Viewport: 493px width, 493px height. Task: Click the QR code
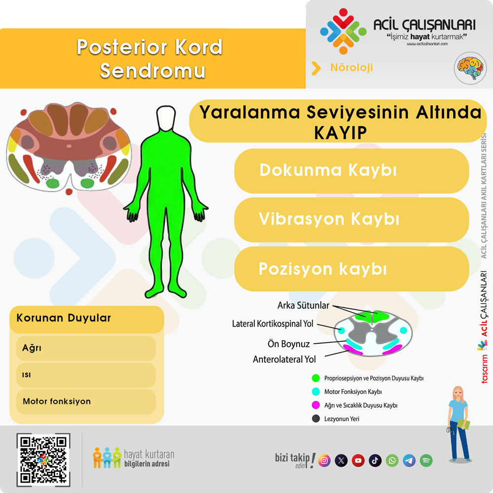coord(43,459)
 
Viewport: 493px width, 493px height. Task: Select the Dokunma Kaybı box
coord(351,171)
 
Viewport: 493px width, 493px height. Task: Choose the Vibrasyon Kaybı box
coord(351,219)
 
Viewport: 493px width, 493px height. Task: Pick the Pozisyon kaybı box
coord(351,269)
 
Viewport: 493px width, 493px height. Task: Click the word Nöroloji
coord(351,68)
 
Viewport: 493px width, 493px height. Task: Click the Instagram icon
coord(324,460)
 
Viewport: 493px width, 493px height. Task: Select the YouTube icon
coord(358,460)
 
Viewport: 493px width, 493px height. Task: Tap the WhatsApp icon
coord(392,460)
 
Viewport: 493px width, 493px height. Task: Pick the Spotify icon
coord(426,460)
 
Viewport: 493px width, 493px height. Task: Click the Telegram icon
coord(409,460)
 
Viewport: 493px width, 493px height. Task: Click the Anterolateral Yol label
coord(284,359)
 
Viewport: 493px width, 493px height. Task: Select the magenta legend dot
coord(316,405)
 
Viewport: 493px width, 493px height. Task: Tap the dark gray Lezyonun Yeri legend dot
coord(316,419)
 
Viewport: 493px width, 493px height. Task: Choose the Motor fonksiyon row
coord(86,402)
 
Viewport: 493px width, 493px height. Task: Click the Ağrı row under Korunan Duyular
coord(86,348)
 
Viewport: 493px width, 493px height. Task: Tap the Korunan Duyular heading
coord(64,318)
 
